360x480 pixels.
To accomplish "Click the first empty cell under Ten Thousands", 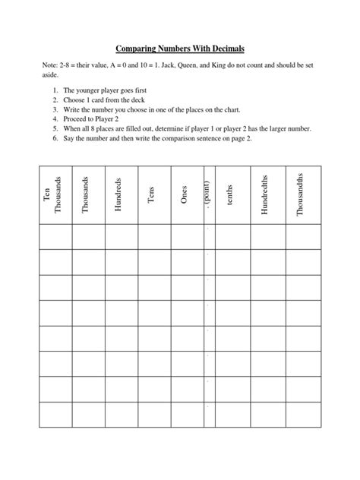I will coord(55,237).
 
